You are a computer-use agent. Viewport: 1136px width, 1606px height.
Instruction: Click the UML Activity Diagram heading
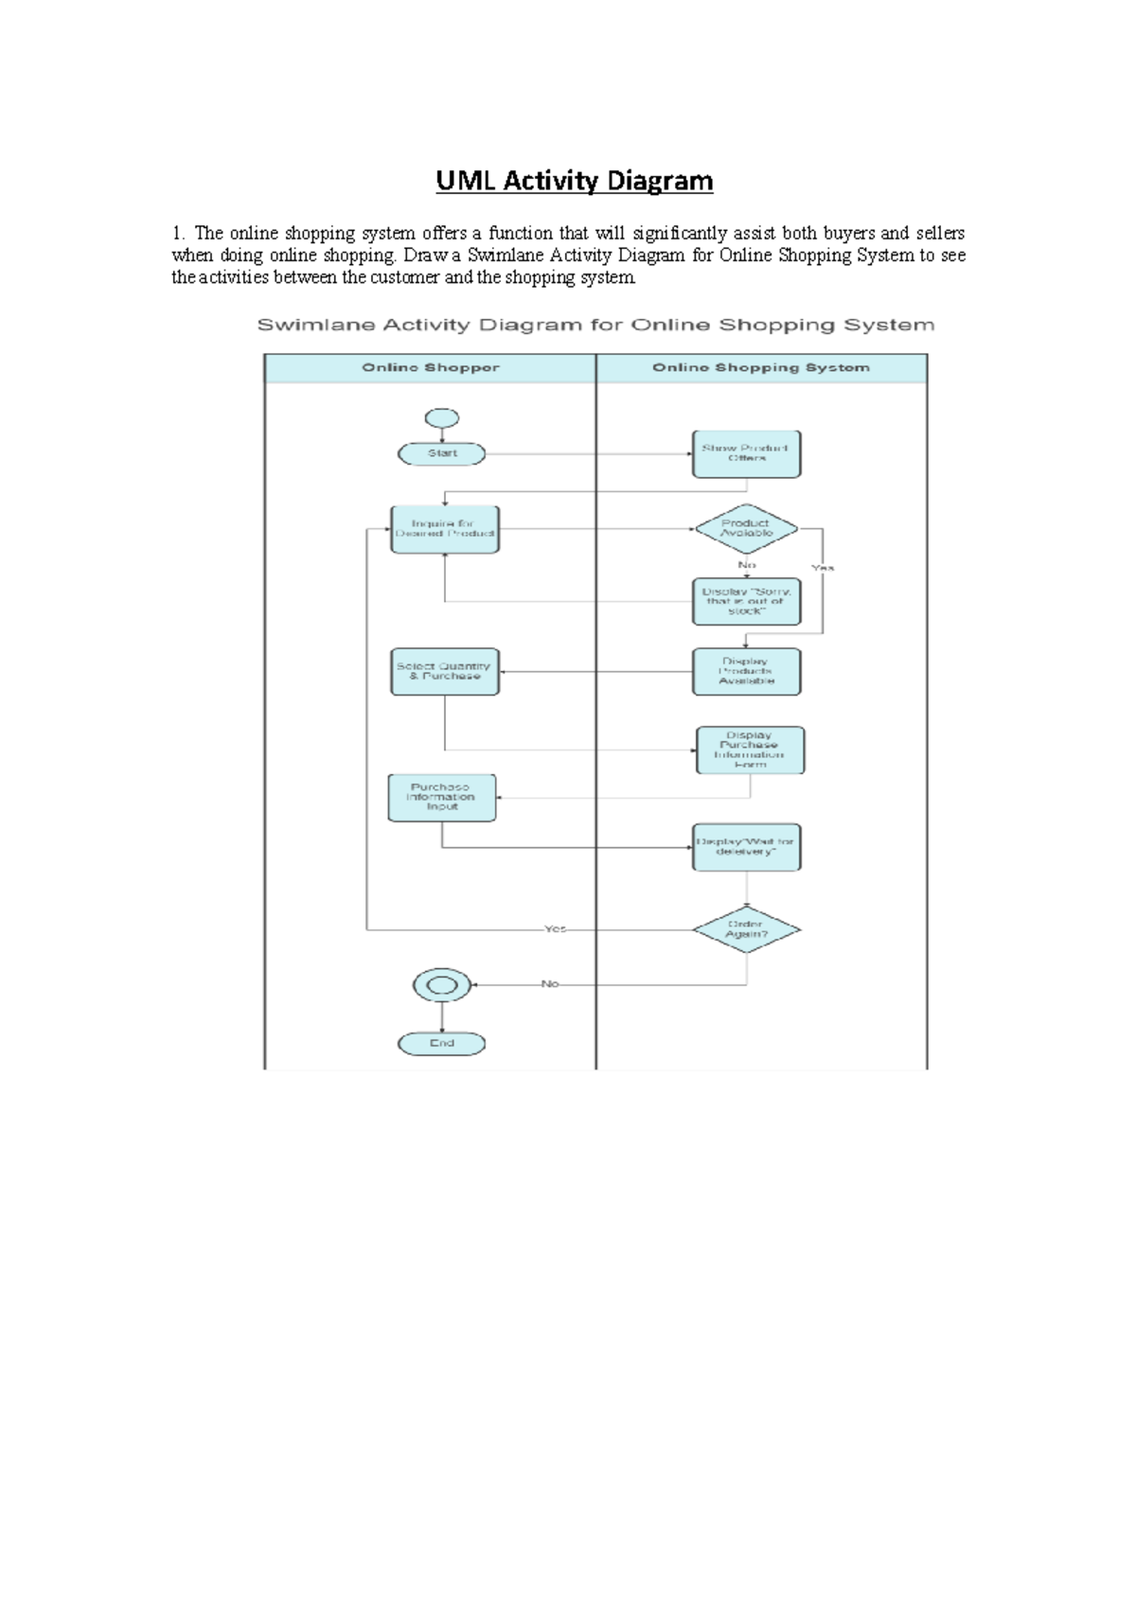coord(574,181)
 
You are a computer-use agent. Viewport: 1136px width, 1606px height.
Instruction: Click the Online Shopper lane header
coord(430,367)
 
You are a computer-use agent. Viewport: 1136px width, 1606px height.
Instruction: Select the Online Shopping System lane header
coord(760,367)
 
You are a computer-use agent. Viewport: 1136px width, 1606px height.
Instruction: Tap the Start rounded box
coord(441,453)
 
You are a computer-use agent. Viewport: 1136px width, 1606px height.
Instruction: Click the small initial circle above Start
coord(442,417)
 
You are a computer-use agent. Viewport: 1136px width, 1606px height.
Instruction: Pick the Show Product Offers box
coord(746,453)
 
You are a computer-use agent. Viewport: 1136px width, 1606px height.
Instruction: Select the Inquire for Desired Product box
coord(444,529)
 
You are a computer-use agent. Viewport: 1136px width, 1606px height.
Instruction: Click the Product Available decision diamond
coord(746,528)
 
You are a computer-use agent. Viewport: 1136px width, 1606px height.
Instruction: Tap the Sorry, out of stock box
coord(746,602)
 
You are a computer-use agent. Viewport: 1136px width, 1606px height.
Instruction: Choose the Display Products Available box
coord(746,671)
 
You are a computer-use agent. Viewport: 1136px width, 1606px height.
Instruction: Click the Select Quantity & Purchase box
coord(444,671)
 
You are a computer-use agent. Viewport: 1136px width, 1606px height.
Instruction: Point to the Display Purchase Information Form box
coord(750,750)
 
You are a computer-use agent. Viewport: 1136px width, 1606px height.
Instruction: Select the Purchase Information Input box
coord(441,797)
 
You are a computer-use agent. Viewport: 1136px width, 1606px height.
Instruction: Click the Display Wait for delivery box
coord(746,847)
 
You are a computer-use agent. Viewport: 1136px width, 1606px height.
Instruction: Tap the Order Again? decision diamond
coord(746,929)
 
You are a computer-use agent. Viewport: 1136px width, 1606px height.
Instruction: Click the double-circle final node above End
coord(442,985)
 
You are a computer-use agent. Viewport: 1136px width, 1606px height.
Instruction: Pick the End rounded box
coord(441,1043)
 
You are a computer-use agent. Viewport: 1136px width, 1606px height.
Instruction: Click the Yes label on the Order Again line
coord(555,929)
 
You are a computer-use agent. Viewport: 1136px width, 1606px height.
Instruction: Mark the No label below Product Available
coord(746,565)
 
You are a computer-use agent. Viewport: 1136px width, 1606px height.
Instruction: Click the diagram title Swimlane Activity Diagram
coord(595,325)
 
